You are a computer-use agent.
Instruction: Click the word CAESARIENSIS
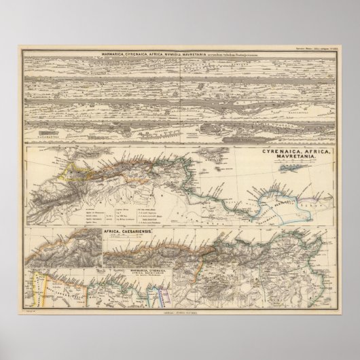143,230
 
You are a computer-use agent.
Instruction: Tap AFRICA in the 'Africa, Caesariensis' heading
113,230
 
